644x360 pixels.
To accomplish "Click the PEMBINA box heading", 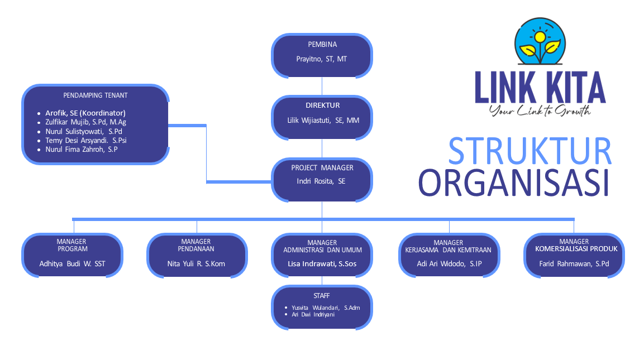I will [322, 45].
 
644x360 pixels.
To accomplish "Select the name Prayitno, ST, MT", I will [321, 59].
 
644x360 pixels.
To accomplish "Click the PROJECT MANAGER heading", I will [322, 167].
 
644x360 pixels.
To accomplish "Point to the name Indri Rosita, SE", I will [321, 181].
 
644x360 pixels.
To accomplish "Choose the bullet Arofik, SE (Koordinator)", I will [85, 113].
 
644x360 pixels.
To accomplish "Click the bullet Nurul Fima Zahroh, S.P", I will [81, 150].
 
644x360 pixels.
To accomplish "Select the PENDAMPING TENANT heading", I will [95, 95].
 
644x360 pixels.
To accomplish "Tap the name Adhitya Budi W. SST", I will [72, 263].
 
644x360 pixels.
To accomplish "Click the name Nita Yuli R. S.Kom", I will [196, 263].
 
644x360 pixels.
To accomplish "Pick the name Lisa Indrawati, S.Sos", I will [322, 263].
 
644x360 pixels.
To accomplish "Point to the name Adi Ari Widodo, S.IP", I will [449, 263].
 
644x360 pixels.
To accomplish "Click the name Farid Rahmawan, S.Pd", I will [574, 263].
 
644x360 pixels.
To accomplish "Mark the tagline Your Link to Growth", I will [540, 111].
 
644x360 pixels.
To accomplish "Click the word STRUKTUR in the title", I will [529, 151].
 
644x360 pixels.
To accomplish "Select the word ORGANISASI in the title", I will [513, 183].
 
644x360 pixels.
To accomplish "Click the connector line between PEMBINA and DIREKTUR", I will [322, 87].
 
